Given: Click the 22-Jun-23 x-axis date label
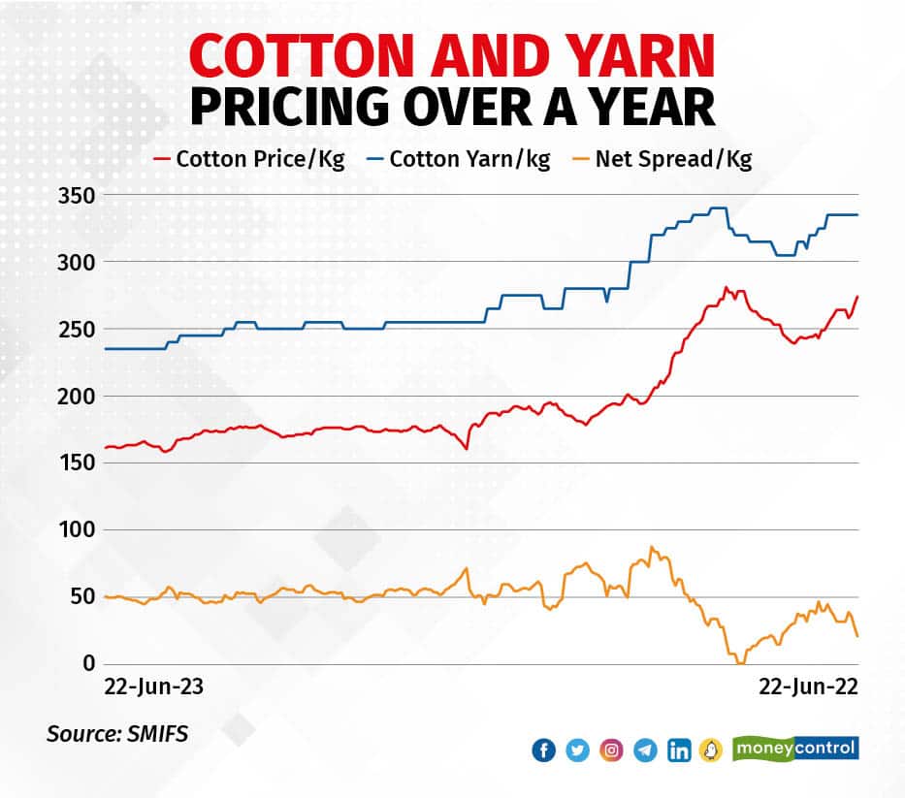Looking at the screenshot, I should point(155,687).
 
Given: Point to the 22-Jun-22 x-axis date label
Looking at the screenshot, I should point(808,687).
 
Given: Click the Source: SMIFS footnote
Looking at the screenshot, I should point(117,734).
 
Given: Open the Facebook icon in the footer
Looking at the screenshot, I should point(544,750).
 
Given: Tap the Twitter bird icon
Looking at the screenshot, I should point(577,750).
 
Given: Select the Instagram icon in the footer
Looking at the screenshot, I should point(611,750).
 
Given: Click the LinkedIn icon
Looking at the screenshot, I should point(679,750).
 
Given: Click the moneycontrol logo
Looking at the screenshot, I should point(795,749).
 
